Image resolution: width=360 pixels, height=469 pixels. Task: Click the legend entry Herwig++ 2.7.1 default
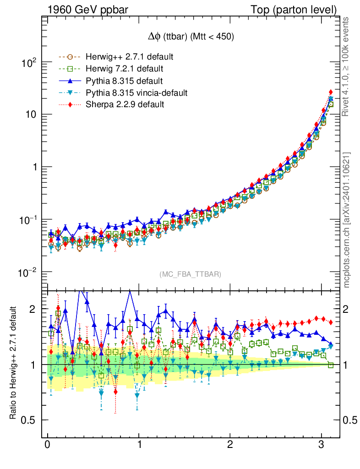point(129,57)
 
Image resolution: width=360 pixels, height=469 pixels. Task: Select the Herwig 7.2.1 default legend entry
point(125,69)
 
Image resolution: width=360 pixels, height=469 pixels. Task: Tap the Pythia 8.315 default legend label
point(124,81)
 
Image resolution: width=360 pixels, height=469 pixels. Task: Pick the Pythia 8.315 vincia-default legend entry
point(136,93)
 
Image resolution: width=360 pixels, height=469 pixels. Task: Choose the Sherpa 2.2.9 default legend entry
point(125,105)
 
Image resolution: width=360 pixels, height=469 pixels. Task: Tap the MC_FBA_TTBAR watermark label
point(191,274)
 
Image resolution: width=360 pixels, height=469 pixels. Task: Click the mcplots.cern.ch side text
point(347,220)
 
